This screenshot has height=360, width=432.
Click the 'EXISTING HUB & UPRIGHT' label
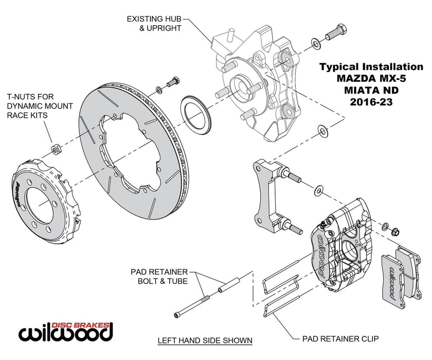pyautogui.click(x=154, y=24)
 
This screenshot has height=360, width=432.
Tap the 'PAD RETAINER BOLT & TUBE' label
pyautogui.click(x=159, y=276)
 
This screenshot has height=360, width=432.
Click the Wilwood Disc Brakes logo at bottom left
pyautogui.click(x=66, y=332)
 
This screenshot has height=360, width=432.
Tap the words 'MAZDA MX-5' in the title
pyautogui.click(x=371, y=79)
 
